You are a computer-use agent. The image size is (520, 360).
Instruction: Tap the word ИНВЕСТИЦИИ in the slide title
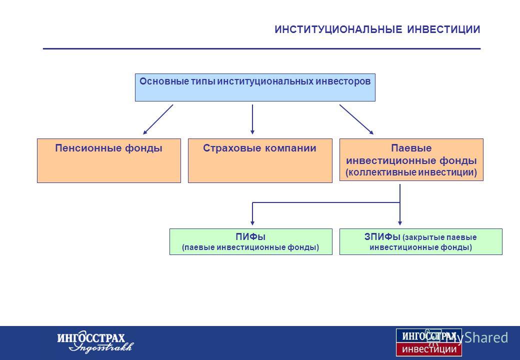click(x=443, y=29)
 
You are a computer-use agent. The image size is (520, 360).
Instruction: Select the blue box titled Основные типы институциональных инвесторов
click(x=255, y=87)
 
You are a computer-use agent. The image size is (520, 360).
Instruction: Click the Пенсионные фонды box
click(x=109, y=161)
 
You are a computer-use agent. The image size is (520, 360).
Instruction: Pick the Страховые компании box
click(x=260, y=161)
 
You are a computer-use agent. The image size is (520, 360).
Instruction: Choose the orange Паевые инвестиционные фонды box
click(x=411, y=160)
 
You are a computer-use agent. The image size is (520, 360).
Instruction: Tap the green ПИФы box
click(x=250, y=241)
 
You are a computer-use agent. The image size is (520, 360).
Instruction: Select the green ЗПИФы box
click(x=421, y=241)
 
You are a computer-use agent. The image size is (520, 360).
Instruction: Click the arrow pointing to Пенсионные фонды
click(x=158, y=119)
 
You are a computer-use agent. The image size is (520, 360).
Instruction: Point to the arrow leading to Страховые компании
click(x=252, y=119)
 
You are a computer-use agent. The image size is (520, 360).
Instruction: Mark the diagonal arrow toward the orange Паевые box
click(x=356, y=119)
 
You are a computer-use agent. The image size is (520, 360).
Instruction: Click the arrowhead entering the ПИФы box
click(x=252, y=223)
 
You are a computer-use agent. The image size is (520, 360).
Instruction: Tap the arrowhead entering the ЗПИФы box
click(x=400, y=223)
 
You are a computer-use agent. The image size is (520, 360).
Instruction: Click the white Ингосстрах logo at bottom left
click(x=95, y=342)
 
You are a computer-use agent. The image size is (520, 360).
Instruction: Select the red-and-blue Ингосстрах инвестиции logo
click(x=429, y=342)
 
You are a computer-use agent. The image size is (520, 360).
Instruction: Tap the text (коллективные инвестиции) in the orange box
click(x=411, y=172)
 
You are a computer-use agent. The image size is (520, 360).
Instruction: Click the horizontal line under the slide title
click(x=261, y=48)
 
